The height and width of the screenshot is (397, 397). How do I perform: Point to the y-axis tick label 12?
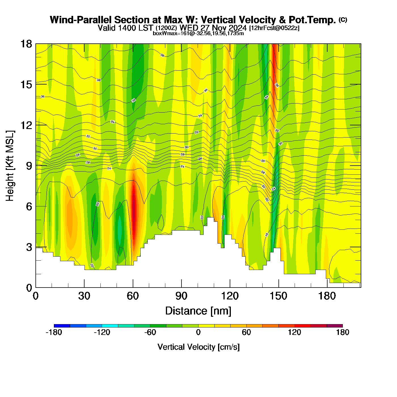pyautogui.click(x=26, y=125)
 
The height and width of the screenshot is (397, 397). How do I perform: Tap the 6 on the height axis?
pyautogui.click(x=29, y=206)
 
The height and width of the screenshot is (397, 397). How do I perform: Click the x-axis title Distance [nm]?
pyautogui.click(x=198, y=311)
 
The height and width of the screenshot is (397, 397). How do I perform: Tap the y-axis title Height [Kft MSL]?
pyautogui.click(x=10, y=166)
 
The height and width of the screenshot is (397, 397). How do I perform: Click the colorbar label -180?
pyautogui.click(x=54, y=332)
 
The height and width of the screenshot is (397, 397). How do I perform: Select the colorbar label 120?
pyautogui.click(x=294, y=332)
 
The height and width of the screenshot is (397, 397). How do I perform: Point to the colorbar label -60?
pyautogui.click(x=150, y=332)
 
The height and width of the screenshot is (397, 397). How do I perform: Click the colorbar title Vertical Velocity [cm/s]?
pyautogui.click(x=198, y=347)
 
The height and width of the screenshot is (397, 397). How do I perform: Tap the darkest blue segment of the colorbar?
pyautogui.click(x=62, y=326)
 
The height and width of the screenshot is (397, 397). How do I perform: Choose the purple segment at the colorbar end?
pyautogui.click(x=335, y=326)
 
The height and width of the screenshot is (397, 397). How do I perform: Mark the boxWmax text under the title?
pyautogui.click(x=198, y=33)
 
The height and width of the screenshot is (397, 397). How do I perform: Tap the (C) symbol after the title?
pyautogui.click(x=343, y=20)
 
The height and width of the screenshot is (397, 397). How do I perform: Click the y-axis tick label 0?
pyautogui.click(x=29, y=288)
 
